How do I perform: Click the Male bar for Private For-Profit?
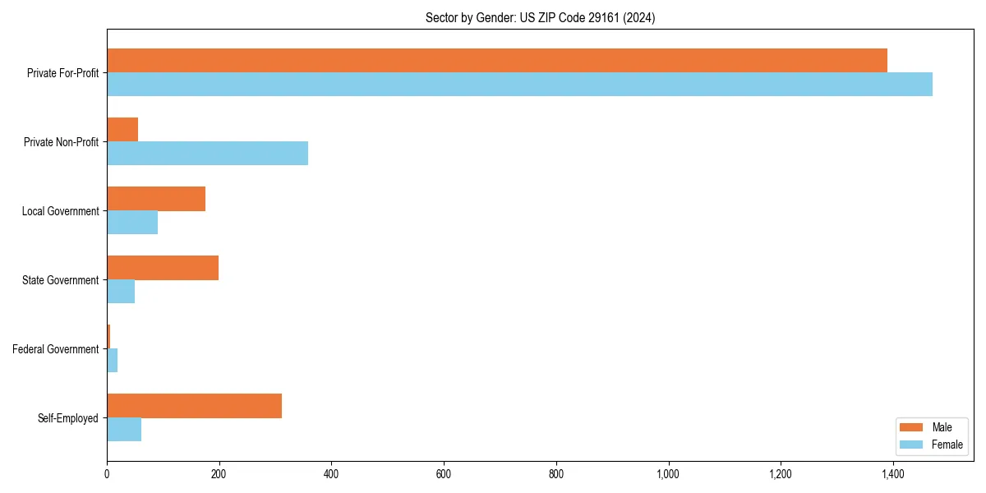497,61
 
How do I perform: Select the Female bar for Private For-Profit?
519,85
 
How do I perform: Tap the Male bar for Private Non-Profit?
122,130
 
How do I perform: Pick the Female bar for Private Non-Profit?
207,154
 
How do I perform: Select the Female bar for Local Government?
132,223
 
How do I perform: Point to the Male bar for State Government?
163,268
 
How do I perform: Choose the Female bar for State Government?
121,292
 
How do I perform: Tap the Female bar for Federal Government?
113,361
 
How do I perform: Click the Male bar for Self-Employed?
194,406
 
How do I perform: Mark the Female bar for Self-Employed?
124,430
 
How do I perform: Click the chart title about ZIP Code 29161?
540,17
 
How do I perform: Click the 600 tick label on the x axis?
444,474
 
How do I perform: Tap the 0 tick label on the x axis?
107,474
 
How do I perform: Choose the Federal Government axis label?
56,349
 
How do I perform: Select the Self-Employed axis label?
68,418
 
